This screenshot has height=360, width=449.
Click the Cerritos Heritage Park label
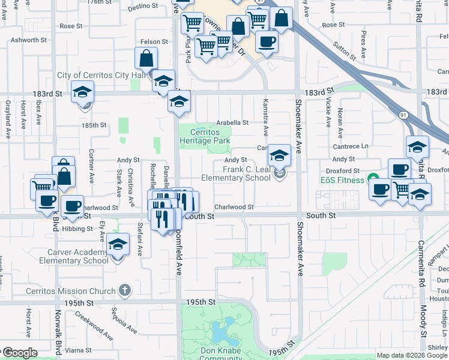(x=205, y=137)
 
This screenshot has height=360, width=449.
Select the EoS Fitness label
(x=342, y=180)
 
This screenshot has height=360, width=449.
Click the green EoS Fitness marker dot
(x=373, y=179)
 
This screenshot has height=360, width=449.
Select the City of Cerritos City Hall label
(x=101, y=76)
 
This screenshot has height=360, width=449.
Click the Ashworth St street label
(x=28, y=40)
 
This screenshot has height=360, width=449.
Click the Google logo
(x=19, y=353)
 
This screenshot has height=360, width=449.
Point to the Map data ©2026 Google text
(x=411, y=355)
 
